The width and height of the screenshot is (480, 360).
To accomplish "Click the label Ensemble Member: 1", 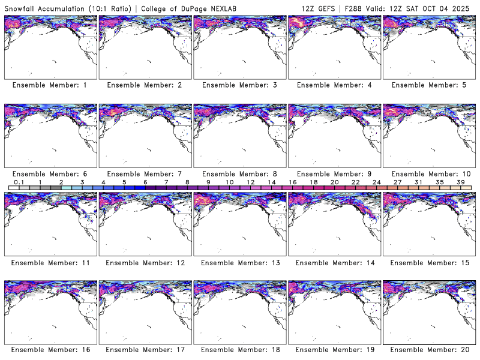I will pos(50,85).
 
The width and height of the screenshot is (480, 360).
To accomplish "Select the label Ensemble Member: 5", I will pos(428,85).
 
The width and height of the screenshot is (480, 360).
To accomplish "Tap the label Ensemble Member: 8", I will pos(239,174).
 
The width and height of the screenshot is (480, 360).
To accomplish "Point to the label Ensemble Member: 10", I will pos(428,174).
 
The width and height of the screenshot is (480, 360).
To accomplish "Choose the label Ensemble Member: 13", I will pos(239,262).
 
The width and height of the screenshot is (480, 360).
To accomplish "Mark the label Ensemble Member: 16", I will pos(50,349).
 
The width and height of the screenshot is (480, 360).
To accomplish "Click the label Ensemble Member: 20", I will pos(428,349).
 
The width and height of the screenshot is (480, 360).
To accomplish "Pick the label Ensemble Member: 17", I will pos(145,349).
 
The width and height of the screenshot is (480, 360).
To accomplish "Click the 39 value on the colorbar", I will pos(461,182).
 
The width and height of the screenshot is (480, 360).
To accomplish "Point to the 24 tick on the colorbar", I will pos(377,182).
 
